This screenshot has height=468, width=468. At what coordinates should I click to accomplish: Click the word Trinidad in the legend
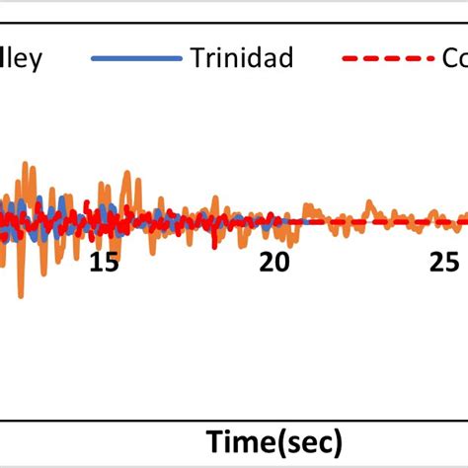coord(243,59)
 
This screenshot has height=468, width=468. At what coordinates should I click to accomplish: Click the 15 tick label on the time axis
coord(103,263)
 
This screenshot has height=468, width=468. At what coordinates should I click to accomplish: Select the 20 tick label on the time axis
coord(273,263)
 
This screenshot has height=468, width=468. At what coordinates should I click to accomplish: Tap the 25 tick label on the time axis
coord(442,263)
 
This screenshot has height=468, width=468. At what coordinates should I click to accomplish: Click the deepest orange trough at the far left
coord(21,294)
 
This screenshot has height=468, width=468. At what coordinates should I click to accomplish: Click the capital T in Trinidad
coord(198,59)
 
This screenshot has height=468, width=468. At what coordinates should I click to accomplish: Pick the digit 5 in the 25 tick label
coord(450,263)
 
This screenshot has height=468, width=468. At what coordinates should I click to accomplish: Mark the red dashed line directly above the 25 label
coord(442,221)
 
